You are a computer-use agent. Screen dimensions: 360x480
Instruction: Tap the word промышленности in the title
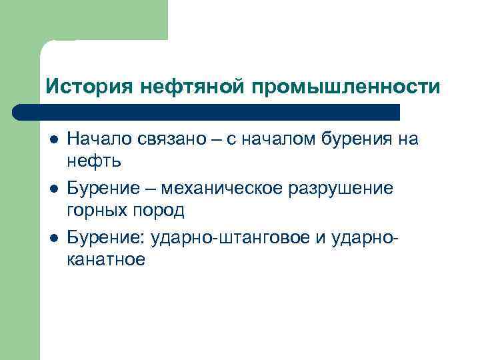pyautogui.click(x=345, y=87)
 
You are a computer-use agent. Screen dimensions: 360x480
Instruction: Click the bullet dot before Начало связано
pyautogui.click(x=53, y=140)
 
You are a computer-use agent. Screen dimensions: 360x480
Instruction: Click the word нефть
pyautogui.click(x=93, y=161)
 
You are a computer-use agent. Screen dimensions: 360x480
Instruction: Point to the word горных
pyautogui.click(x=94, y=210)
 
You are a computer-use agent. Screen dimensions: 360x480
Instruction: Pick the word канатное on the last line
pyautogui.click(x=105, y=259)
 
